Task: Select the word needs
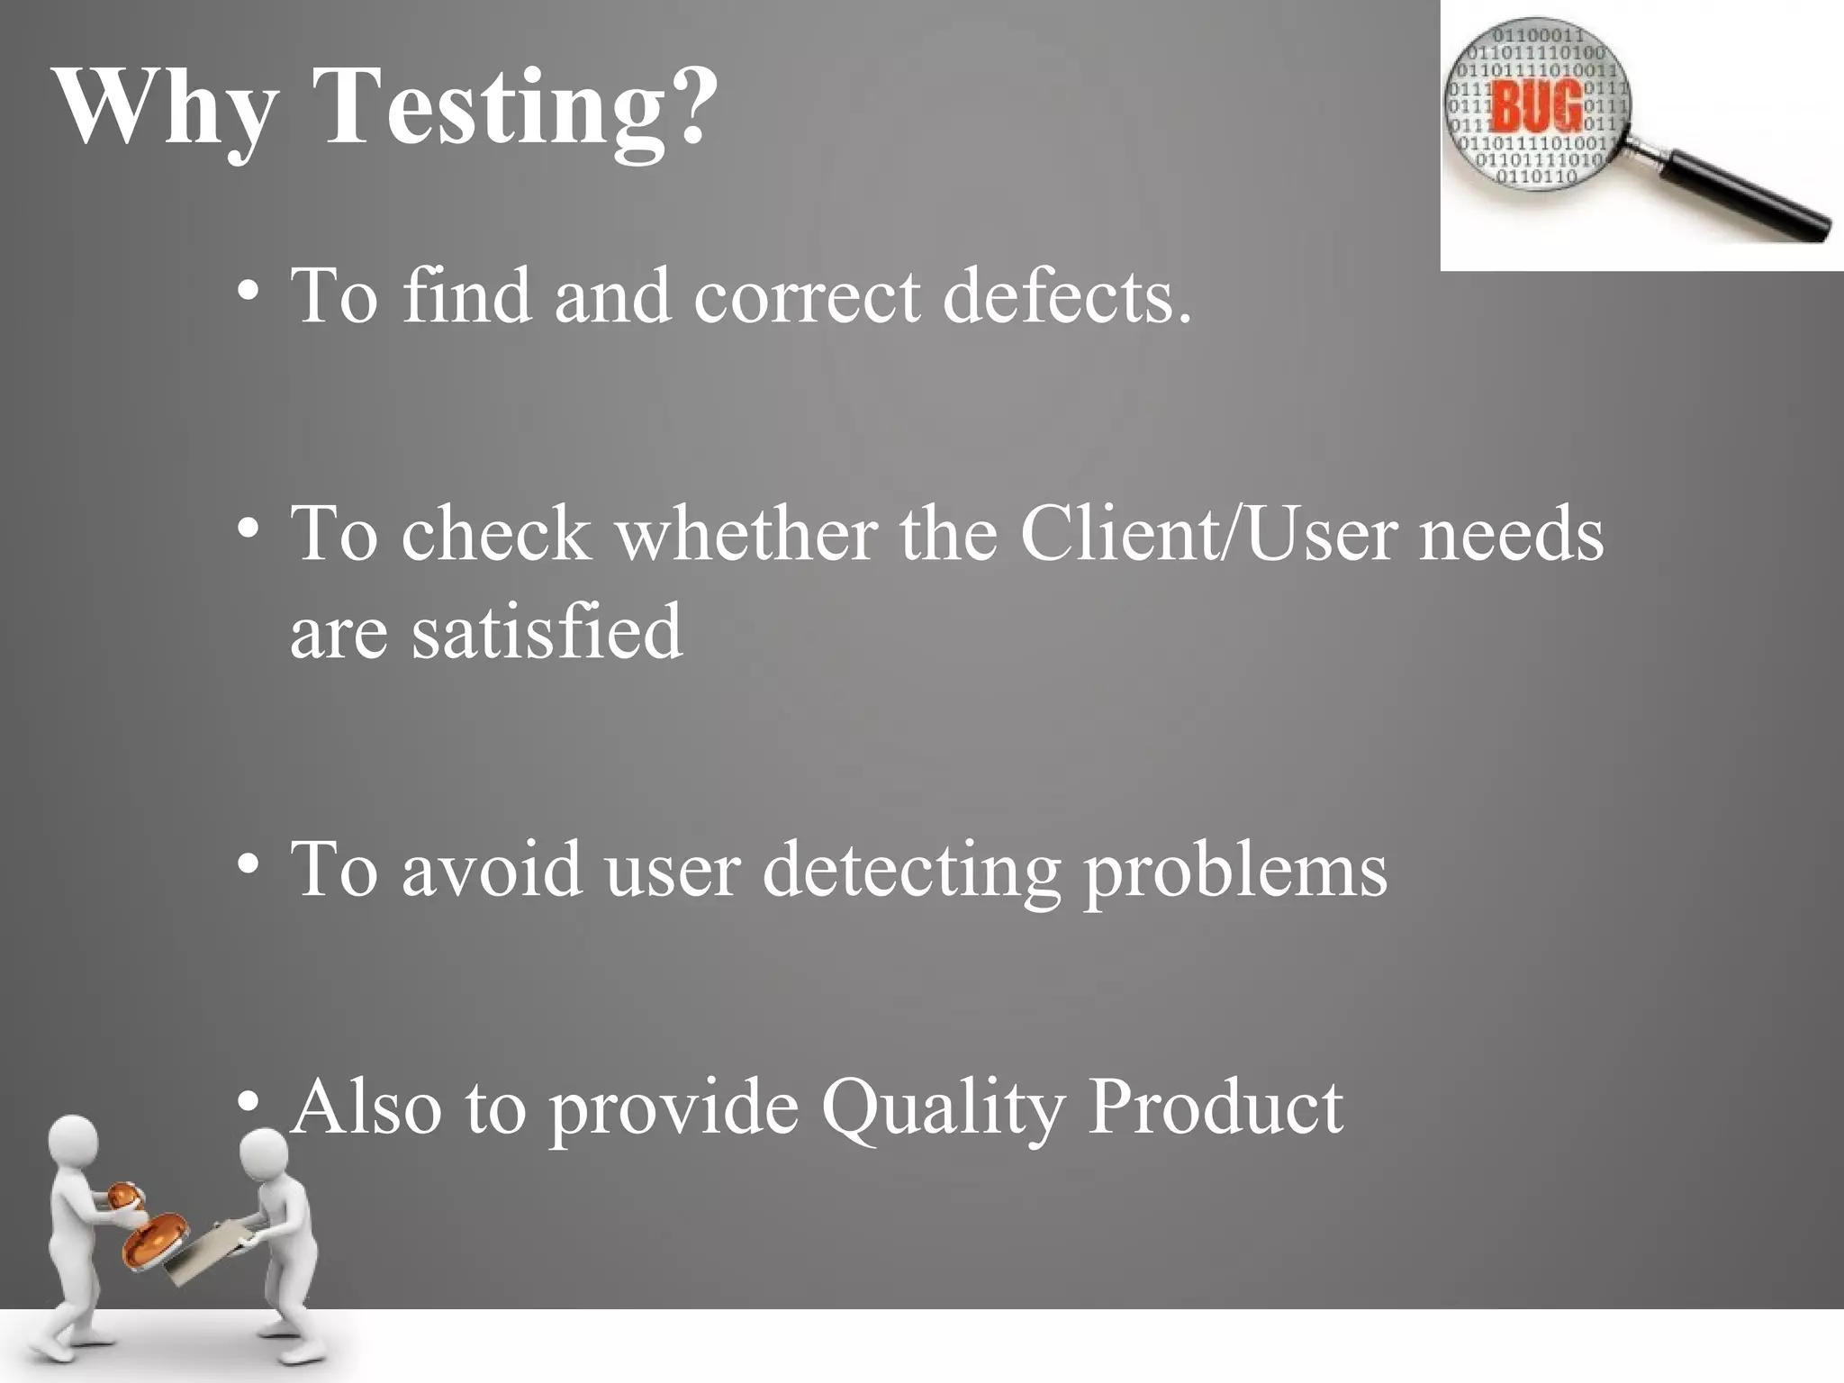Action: (x=1511, y=533)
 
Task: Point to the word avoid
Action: (x=491, y=869)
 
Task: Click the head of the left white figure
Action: (x=73, y=1143)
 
